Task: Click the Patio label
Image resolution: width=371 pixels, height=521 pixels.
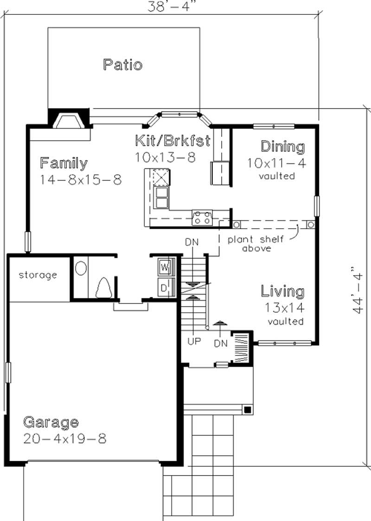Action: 122,64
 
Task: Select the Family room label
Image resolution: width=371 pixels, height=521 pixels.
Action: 64,163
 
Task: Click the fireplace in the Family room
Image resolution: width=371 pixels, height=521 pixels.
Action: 69,122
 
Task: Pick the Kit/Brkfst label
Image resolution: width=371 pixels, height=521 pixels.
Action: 173,140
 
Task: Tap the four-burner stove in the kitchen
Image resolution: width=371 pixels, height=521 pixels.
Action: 202,217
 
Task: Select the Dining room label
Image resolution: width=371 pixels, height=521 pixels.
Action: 283,147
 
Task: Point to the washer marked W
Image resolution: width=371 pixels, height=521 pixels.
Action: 165,267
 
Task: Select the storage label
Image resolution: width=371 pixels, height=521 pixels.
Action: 38,275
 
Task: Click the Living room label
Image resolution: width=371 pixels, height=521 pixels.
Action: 283,292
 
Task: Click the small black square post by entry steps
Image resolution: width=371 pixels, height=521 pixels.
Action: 249,409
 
